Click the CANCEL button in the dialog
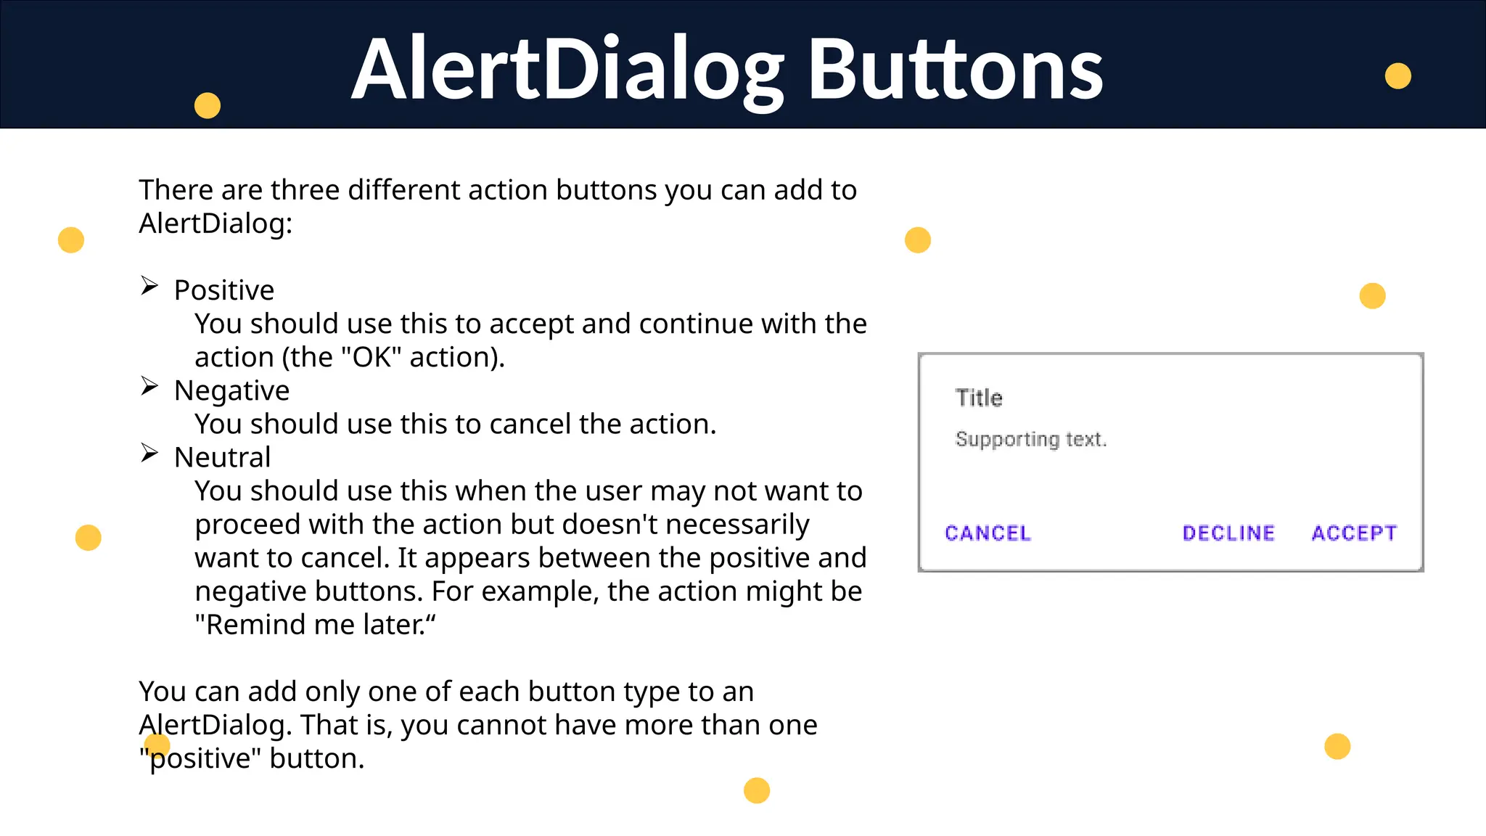[988, 533]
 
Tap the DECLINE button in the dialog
[1228, 533]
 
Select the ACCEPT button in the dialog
[1354, 533]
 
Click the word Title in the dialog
[979, 398]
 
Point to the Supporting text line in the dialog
[1030, 439]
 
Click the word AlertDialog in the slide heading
[567, 70]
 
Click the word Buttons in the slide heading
[955, 70]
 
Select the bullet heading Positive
[224, 290]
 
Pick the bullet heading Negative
[231, 390]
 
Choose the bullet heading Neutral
[222, 457]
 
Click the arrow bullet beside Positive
[149, 286]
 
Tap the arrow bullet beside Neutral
[149, 454]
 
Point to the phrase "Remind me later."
[315, 625]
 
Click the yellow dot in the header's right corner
[1397, 76]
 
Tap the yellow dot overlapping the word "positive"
[157, 745]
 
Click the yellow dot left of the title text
[208, 105]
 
